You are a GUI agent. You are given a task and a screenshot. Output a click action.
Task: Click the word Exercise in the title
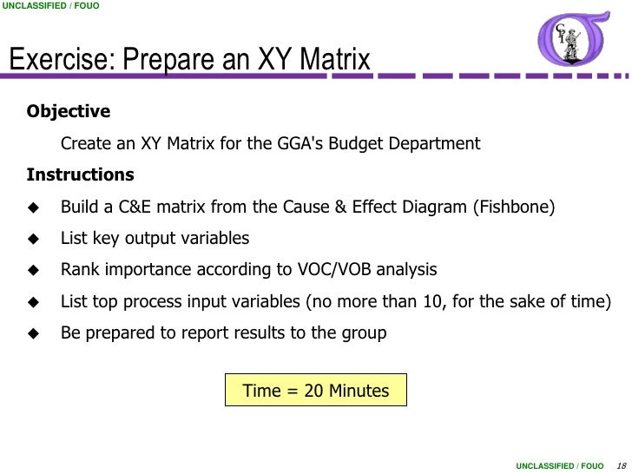click(62, 61)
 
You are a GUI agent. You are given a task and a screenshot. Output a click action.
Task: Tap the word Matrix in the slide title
click(335, 61)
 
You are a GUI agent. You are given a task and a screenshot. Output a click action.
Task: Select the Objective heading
click(69, 112)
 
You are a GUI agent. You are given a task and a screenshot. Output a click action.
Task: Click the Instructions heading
click(81, 174)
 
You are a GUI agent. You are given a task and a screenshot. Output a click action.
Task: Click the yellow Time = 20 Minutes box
click(316, 391)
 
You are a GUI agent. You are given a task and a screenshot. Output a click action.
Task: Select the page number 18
click(619, 465)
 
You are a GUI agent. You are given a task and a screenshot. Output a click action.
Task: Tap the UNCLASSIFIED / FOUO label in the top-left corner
click(49, 7)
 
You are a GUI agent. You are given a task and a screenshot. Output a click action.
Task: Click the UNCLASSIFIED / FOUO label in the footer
click(559, 465)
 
